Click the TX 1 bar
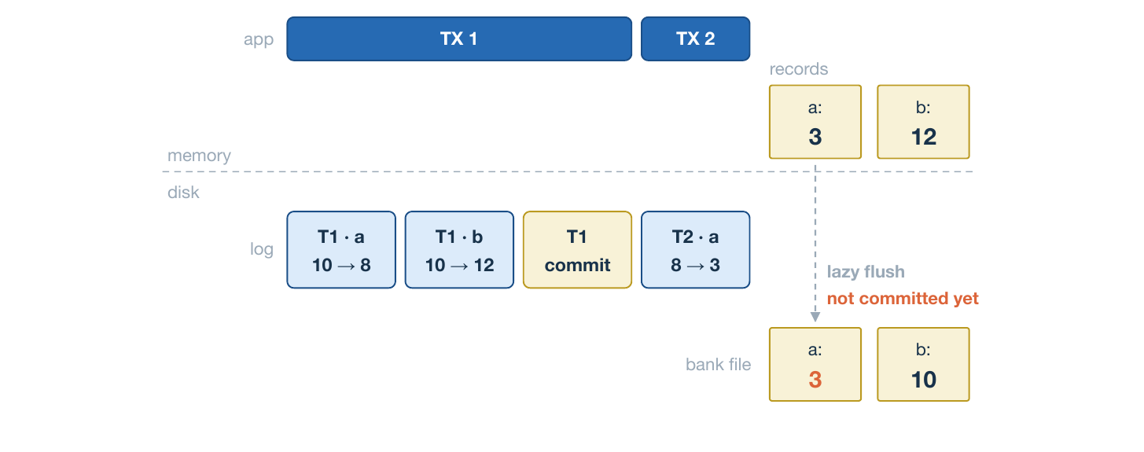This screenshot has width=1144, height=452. click(459, 39)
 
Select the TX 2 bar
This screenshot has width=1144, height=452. click(696, 39)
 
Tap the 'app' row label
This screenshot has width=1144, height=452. click(259, 40)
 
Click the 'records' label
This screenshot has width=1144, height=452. click(798, 69)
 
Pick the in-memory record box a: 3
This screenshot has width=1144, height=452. click(815, 122)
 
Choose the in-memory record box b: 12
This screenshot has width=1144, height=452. click(923, 122)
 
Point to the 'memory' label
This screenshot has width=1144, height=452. click(199, 156)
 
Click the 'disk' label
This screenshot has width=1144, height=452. click(183, 193)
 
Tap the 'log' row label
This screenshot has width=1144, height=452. click(262, 249)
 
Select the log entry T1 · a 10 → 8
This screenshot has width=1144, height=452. click(341, 250)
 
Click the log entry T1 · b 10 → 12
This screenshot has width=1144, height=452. click(459, 250)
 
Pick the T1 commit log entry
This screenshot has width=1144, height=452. click(578, 250)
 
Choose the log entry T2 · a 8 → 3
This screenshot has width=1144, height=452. click(696, 250)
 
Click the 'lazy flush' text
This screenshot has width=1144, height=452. click(866, 272)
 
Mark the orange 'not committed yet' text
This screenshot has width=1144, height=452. click(903, 298)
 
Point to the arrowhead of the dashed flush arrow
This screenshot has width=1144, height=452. click(815, 317)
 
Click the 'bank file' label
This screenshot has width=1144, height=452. click(718, 365)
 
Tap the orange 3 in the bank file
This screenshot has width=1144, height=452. click(815, 380)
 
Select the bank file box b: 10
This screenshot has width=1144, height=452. click(923, 365)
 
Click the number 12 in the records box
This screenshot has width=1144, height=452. click(923, 137)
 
